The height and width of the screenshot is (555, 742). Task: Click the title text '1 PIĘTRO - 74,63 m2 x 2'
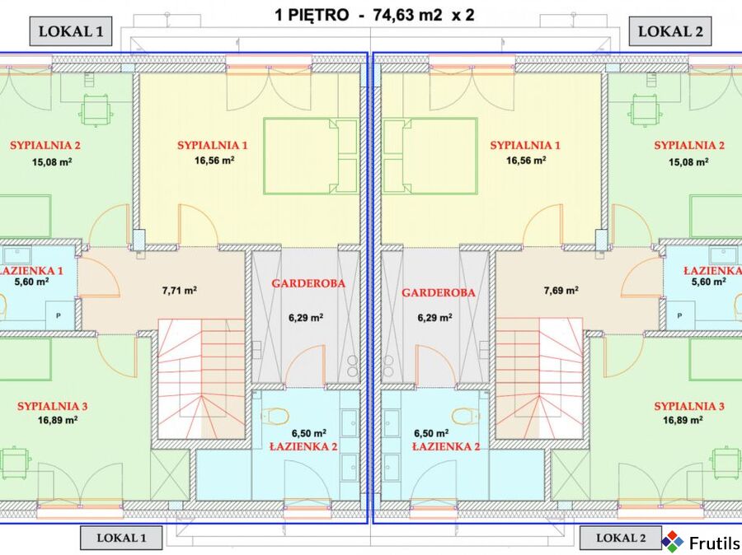(374, 15)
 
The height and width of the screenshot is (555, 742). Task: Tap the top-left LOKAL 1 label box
(71, 31)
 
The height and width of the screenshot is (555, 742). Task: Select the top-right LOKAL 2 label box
(670, 31)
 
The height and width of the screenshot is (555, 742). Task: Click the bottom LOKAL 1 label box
(121, 538)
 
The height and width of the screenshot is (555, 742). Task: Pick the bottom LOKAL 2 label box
(621, 538)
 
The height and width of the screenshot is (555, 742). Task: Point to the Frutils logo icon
(672, 542)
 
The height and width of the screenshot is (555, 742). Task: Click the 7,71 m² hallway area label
(180, 291)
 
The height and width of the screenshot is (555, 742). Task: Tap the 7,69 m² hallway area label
(561, 291)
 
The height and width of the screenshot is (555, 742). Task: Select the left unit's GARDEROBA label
(308, 283)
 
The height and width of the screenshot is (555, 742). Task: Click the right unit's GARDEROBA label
(439, 292)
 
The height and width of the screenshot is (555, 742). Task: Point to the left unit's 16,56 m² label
(214, 161)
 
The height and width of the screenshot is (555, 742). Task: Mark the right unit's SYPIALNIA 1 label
(525, 145)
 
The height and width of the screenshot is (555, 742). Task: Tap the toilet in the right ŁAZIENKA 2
(466, 416)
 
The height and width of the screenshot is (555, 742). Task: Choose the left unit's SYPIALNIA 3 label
(53, 406)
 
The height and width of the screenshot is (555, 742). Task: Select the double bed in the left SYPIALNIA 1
(311, 156)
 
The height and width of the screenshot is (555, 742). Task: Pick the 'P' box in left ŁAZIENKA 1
(59, 315)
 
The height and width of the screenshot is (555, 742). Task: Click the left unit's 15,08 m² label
(52, 162)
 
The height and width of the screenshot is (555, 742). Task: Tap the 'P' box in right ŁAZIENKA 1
(679, 315)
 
